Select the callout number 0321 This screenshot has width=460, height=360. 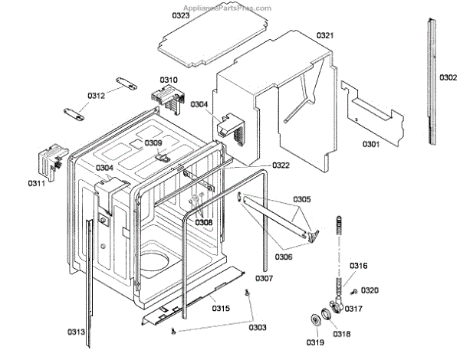[x=325, y=35]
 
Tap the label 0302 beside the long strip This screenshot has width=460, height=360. [x=449, y=77]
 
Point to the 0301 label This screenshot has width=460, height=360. [x=371, y=144]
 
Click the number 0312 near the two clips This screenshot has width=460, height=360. [x=96, y=95]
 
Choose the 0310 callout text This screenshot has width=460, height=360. [x=169, y=80]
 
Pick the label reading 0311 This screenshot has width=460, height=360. [x=37, y=183]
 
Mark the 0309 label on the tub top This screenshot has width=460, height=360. [x=153, y=142]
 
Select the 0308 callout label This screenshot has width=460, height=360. [x=203, y=222]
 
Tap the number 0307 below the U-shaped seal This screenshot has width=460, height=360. [x=264, y=278]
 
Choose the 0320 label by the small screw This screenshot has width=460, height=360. [x=370, y=290]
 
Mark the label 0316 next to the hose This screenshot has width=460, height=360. [x=359, y=266]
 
